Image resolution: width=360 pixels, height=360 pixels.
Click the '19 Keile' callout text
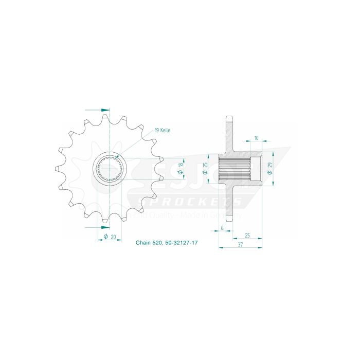(163, 131)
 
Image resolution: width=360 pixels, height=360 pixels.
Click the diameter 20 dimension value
(113, 237)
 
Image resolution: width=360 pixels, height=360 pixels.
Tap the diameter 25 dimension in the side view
(205, 168)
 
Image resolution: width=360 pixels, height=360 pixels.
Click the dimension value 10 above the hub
(256, 138)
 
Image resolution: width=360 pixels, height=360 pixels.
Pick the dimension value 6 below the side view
(222, 227)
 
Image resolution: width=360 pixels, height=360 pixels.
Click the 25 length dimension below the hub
(247, 235)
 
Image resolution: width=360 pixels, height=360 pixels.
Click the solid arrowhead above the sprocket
(105, 110)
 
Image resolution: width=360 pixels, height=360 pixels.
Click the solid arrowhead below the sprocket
(105, 226)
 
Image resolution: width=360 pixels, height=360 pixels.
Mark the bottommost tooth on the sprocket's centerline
(106, 218)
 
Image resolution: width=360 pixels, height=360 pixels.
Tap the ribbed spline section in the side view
(235, 168)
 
